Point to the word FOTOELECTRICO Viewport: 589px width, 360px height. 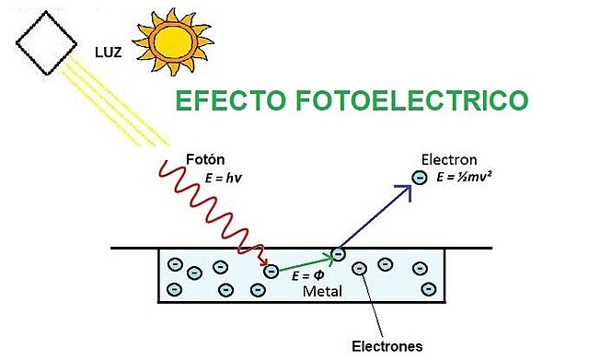422,101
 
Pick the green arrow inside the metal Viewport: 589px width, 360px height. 305,262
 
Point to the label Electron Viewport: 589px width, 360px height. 447,157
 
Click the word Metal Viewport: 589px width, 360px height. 322,292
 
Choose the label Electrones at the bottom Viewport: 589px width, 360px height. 387,346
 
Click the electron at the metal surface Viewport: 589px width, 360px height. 339,252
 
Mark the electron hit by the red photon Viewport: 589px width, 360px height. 270,271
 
